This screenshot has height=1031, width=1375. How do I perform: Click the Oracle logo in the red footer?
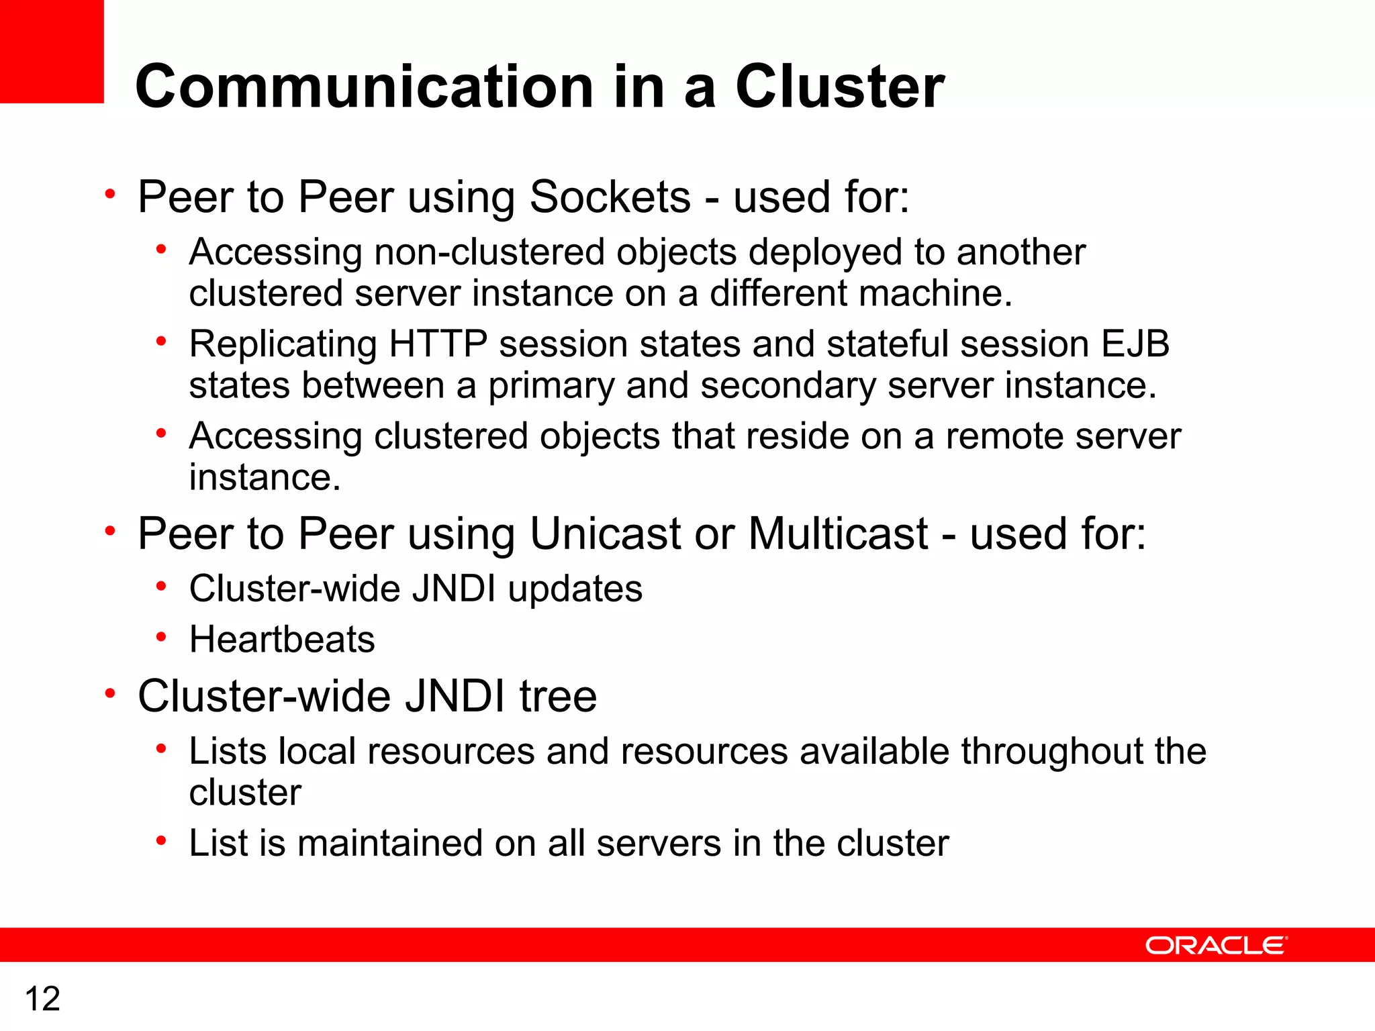[1216, 945]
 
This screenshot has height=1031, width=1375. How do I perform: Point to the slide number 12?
[42, 999]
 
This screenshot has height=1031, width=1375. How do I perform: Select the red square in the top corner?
[52, 51]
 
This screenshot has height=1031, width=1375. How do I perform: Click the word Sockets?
[610, 197]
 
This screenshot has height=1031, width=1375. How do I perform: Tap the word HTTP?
[438, 344]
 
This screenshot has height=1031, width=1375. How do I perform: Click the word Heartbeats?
[282, 639]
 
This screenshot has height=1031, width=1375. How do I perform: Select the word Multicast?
[838, 534]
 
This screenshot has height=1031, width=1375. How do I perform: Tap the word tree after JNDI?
[558, 696]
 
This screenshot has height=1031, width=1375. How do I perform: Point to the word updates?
[575, 589]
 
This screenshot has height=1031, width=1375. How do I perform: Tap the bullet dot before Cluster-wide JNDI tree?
[110, 693]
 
